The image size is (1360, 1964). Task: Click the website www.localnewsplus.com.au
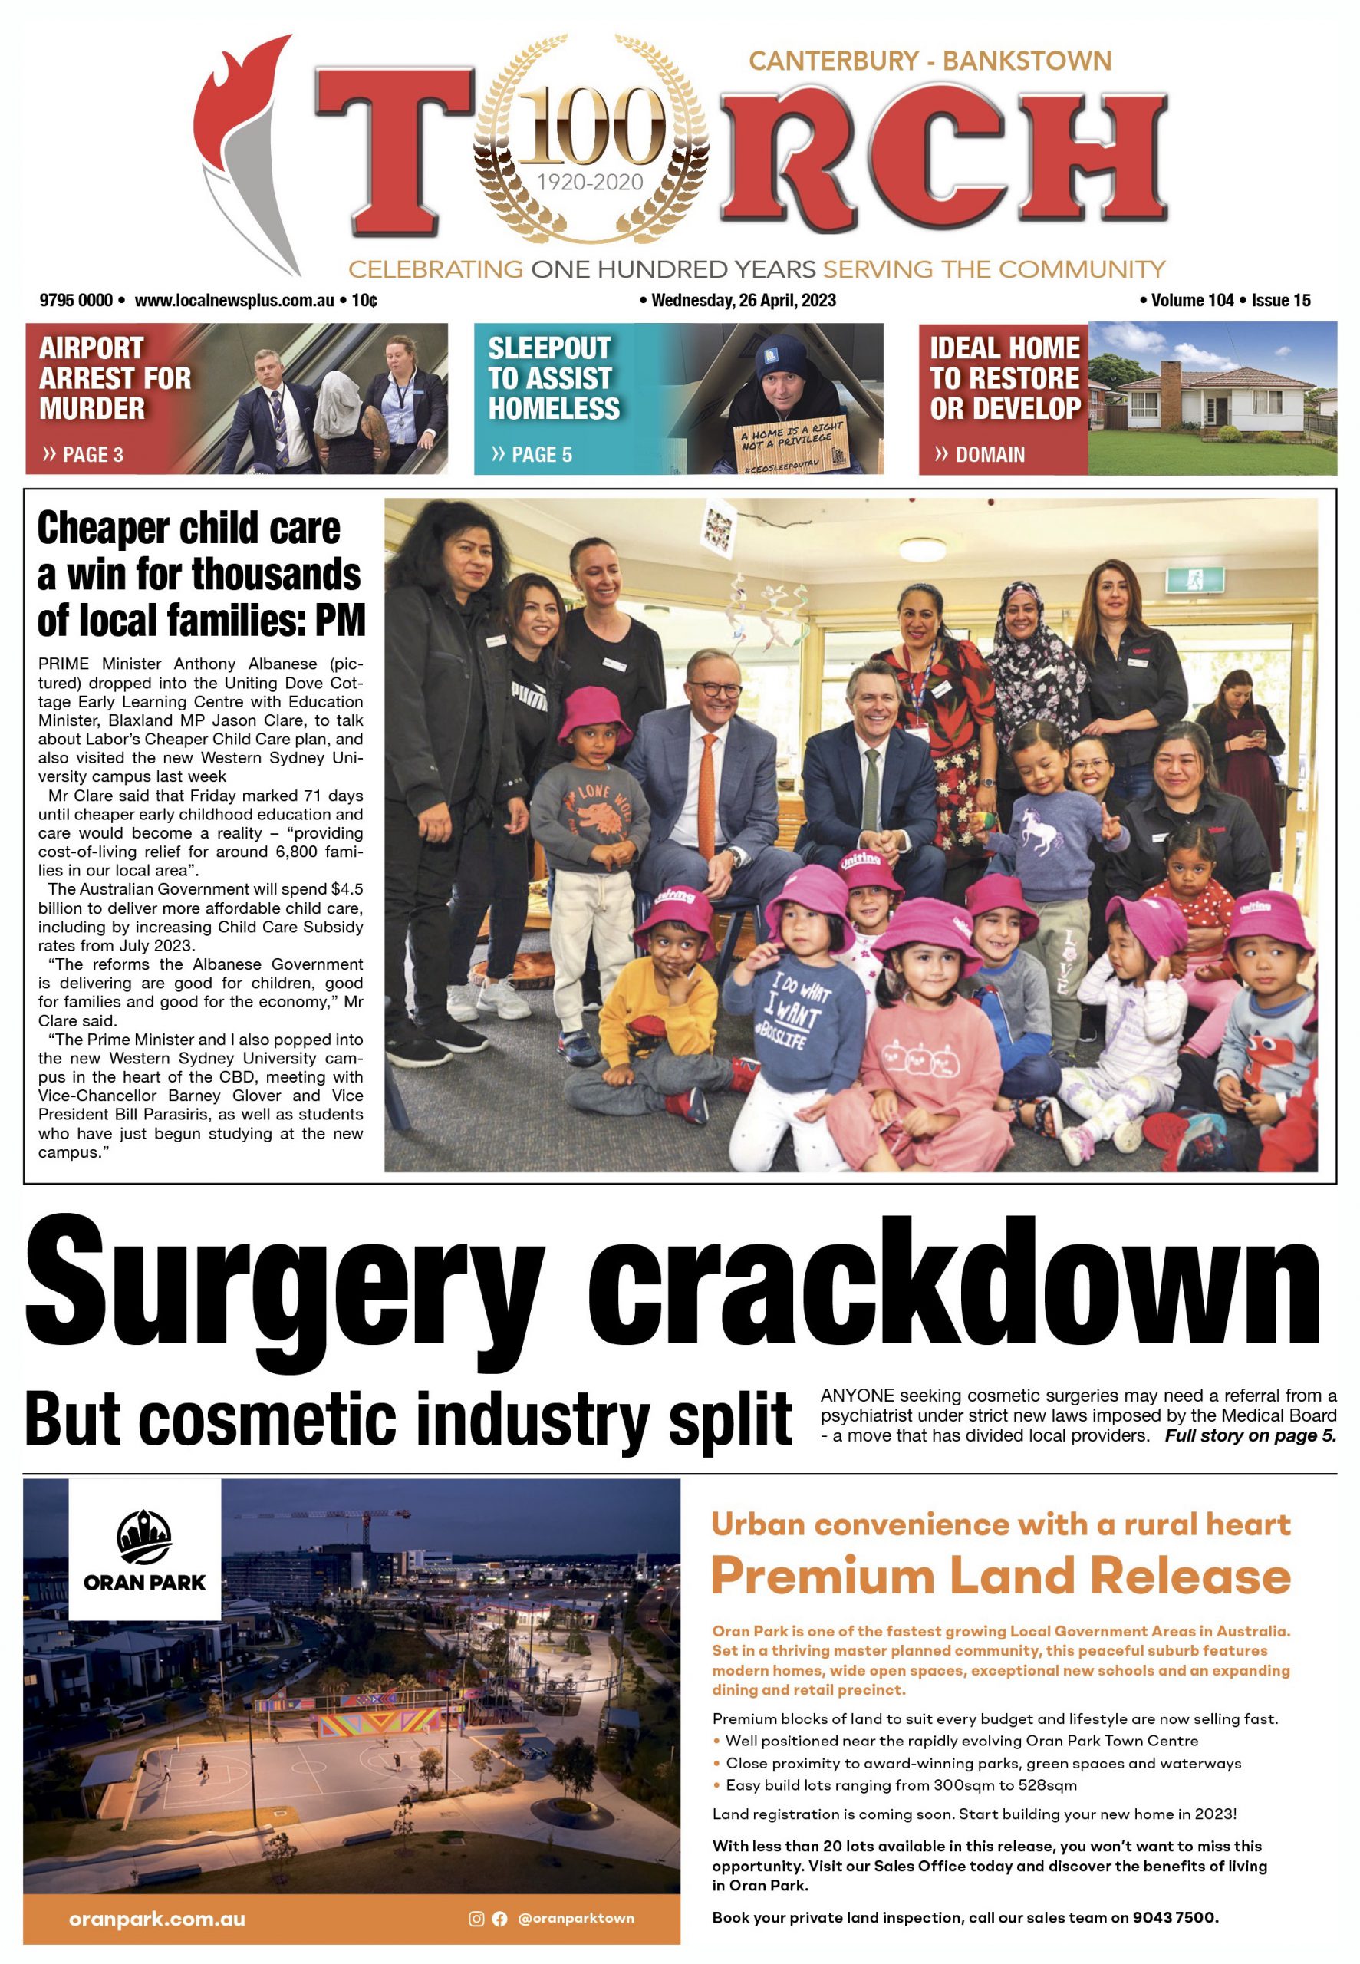[233, 300]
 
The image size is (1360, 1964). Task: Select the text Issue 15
[1281, 300]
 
